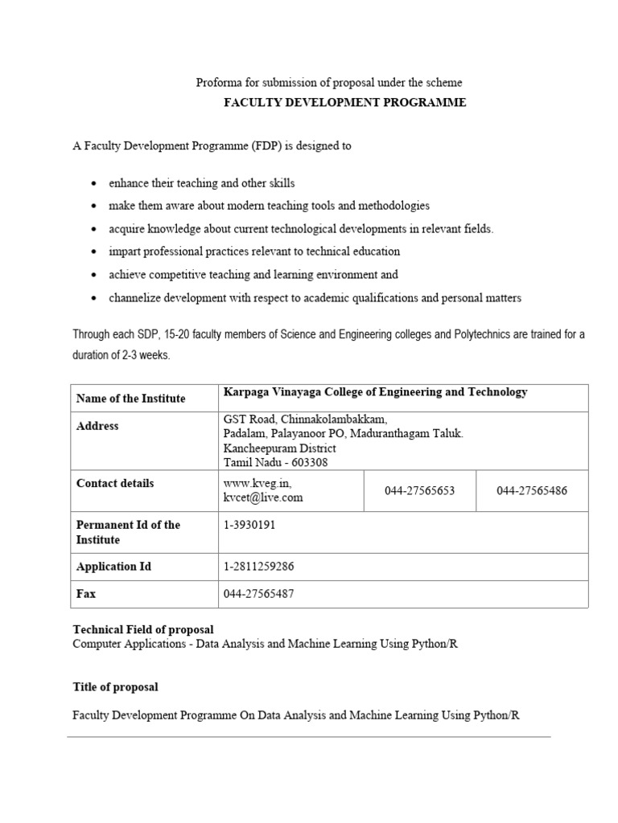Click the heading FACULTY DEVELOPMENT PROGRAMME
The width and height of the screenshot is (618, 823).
coord(344,103)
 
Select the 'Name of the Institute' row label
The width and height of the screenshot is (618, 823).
coord(130,399)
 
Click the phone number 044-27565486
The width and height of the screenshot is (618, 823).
coord(532,490)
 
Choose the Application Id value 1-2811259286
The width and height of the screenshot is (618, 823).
coord(259,567)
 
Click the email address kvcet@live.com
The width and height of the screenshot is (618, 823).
coord(263,497)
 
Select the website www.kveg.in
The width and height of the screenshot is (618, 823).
coord(253,484)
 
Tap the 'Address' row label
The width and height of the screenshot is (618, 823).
coord(97,426)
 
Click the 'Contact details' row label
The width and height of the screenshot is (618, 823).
coord(115,483)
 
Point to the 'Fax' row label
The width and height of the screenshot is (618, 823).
coord(86,595)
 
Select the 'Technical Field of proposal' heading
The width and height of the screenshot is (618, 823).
coord(143,629)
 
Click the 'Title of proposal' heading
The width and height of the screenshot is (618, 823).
coord(115,687)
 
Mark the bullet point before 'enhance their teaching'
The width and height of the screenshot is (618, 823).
coord(95,184)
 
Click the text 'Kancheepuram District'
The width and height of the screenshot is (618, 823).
coord(280,448)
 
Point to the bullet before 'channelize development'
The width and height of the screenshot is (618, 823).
coord(95,299)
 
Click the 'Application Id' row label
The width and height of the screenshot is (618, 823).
coord(113,567)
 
